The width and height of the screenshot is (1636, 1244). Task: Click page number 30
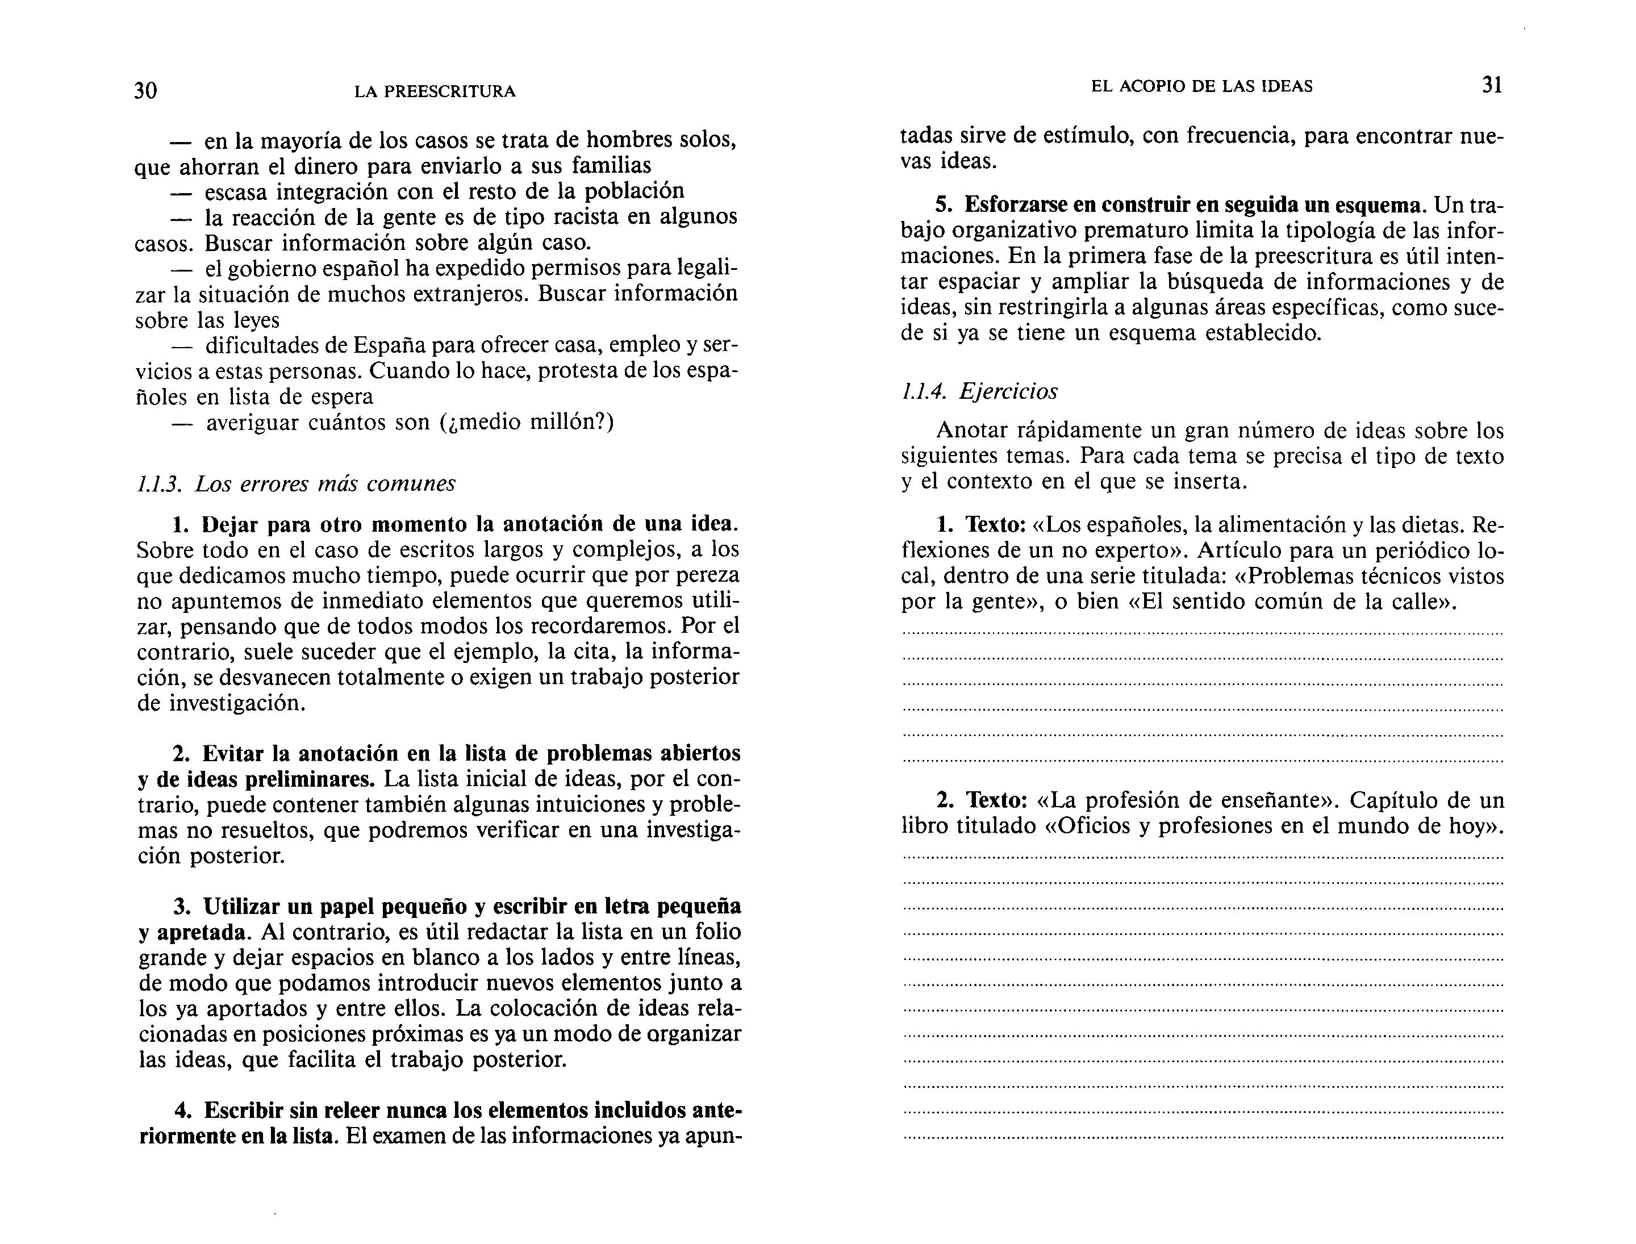pyautogui.click(x=145, y=90)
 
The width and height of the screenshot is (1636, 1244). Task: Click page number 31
pyautogui.click(x=1492, y=85)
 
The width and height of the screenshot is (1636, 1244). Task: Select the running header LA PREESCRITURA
pyautogui.click(x=435, y=92)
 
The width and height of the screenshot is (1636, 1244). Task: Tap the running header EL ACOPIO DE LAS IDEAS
pyautogui.click(x=1201, y=87)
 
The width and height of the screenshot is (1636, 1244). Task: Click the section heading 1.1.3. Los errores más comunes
pyautogui.click(x=297, y=483)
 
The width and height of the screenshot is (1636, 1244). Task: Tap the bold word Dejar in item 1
pyautogui.click(x=230, y=524)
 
